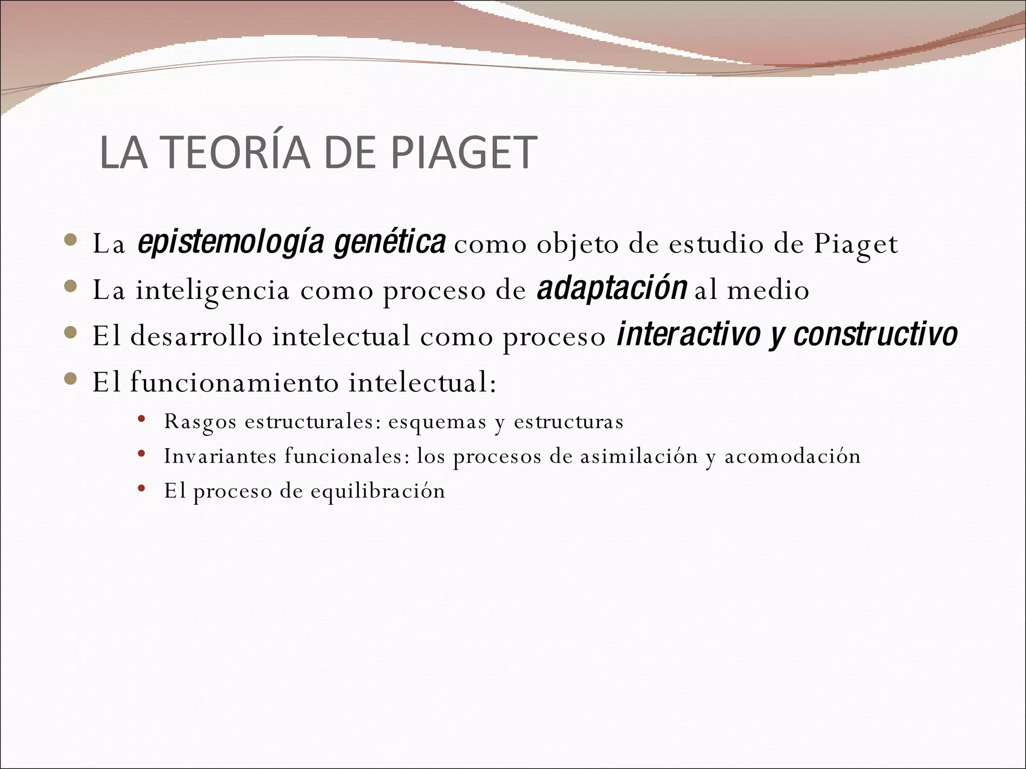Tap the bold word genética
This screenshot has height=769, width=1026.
390,243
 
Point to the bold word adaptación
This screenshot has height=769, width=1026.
612,289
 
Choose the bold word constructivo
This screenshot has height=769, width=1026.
876,335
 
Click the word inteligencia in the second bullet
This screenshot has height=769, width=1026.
212,290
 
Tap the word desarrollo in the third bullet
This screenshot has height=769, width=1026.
196,336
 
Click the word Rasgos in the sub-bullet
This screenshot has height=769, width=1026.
200,422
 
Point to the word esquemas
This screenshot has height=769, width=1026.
437,422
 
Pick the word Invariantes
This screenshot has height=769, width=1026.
220,456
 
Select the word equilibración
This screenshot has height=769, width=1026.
378,491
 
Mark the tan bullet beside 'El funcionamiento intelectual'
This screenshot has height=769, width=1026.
71,379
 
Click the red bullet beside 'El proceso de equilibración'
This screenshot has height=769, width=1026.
141,488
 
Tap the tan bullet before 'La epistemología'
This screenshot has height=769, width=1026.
71,241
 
